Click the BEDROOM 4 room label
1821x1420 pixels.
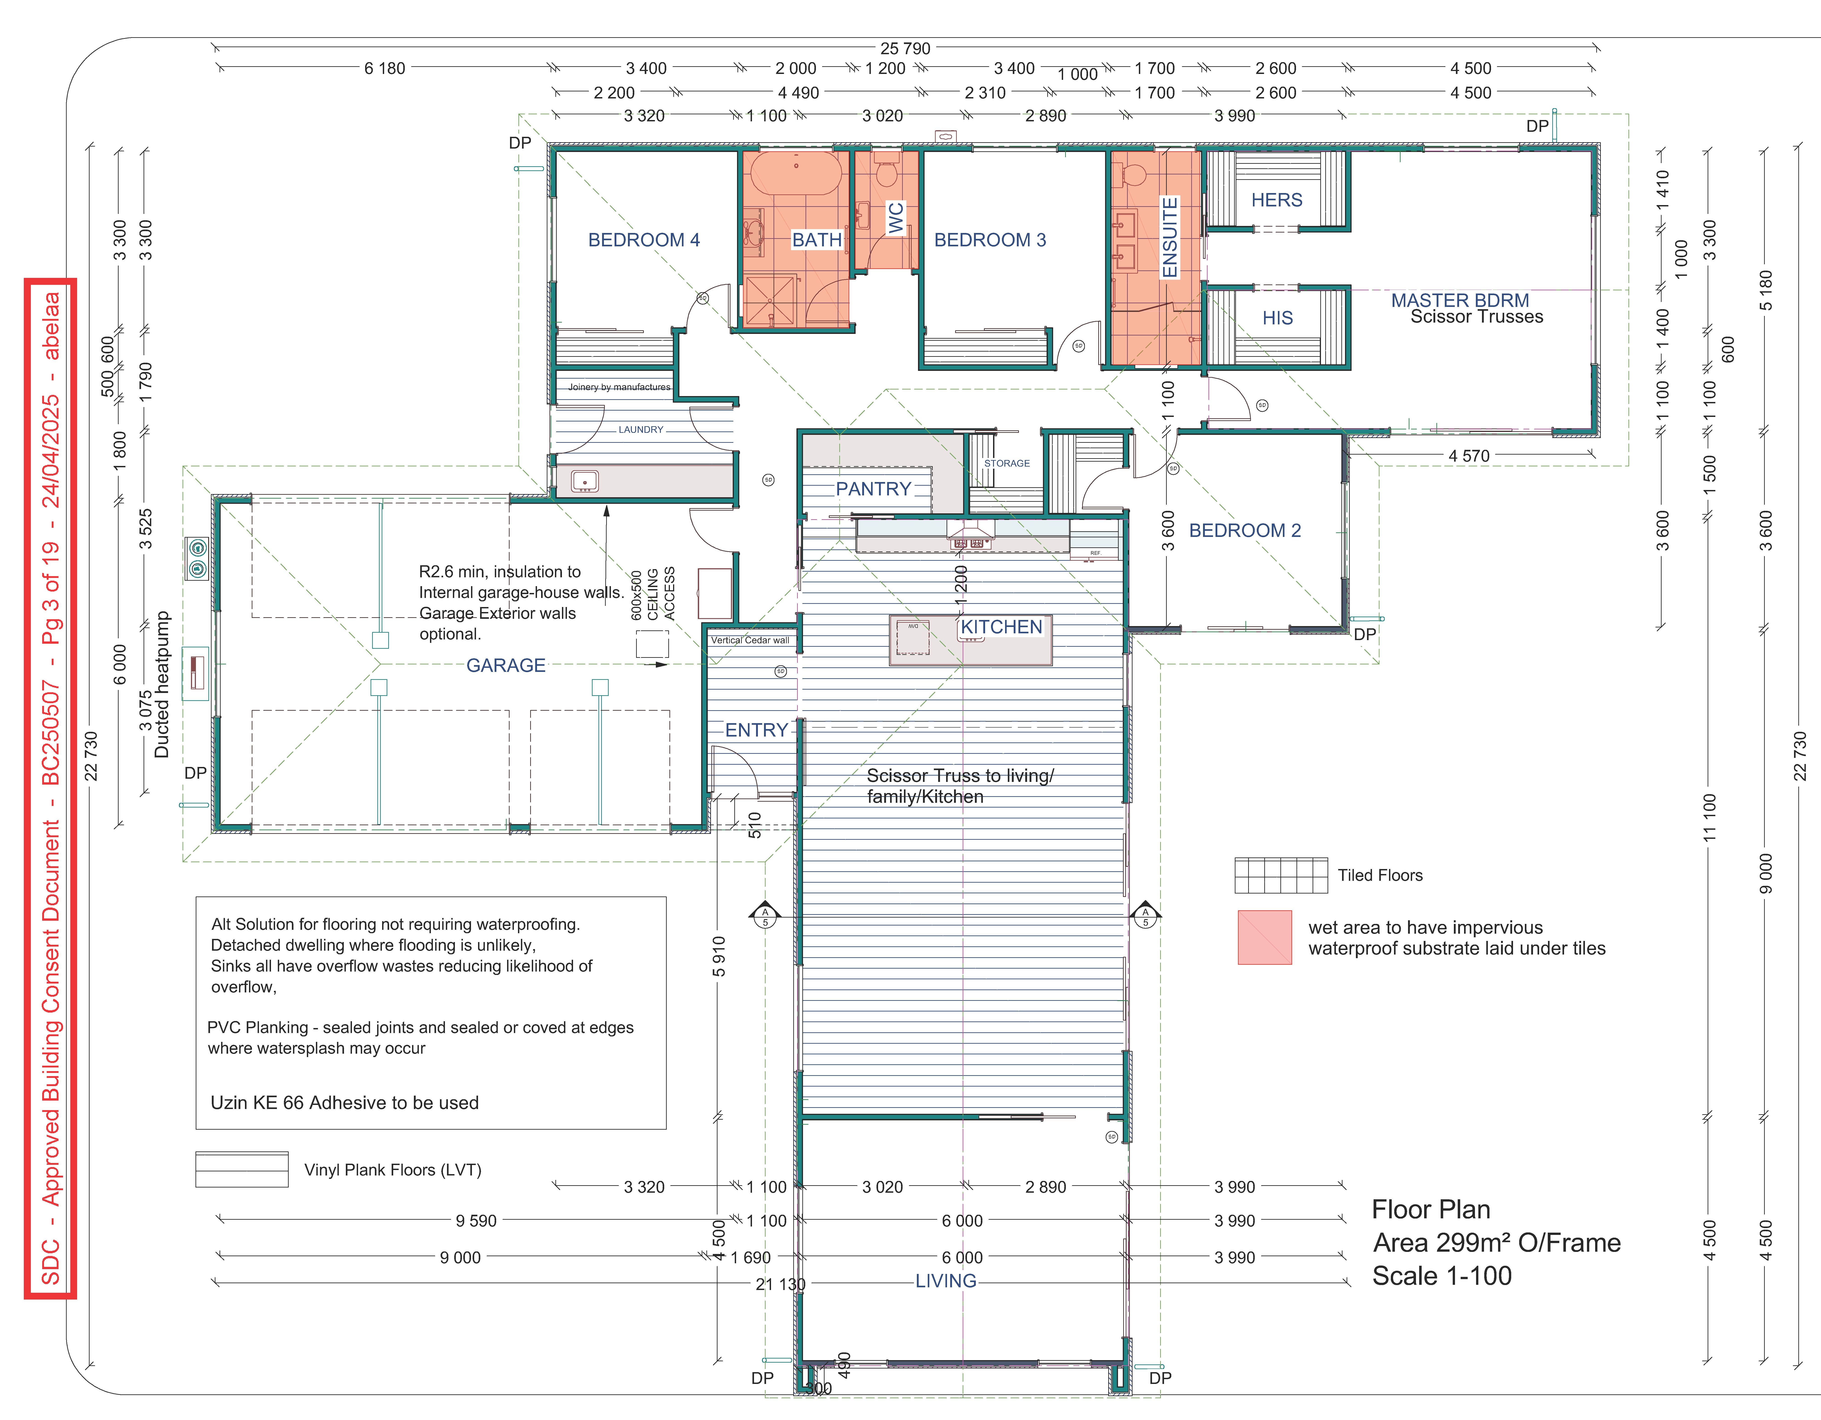click(644, 240)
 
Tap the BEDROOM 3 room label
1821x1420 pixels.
click(990, 240)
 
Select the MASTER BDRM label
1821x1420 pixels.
click(1460, 300)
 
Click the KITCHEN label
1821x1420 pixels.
click(1001, 627)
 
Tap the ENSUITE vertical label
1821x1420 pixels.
click(1170, 238)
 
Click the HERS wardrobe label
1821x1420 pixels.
click(1277, 200)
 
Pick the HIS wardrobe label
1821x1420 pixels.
click(1277, 318)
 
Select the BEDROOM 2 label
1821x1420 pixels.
click(1245, 530)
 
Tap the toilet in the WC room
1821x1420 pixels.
click(886, 169)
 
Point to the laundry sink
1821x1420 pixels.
click(584, 481)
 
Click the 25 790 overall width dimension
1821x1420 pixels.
click(906, 48)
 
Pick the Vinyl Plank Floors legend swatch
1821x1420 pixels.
click(242, 1169)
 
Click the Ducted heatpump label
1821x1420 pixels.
click(162, 685)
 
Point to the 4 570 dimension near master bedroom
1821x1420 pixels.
click(1469, 456)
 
